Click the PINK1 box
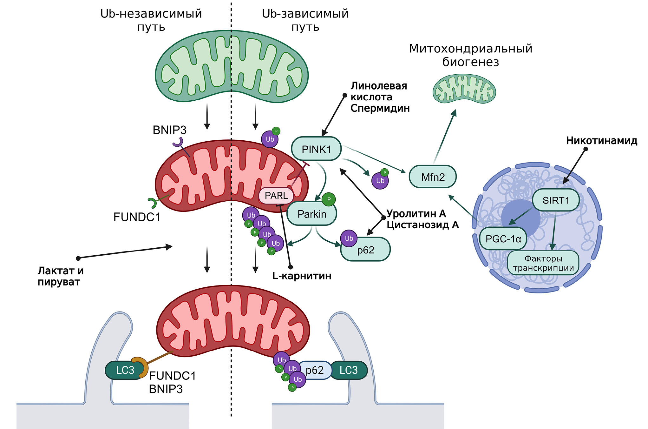tap(316, 149)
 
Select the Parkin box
tap(312, 214)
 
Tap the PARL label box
tap(276, 196)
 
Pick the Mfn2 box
tap(433, 177)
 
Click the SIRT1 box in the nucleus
tap(556, 200)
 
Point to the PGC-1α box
tap(503, 239)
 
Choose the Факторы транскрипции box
tap(543, 263)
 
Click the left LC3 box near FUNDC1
tap(125, 370)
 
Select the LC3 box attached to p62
tap(349, 370)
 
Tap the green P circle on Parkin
tap(329, 199)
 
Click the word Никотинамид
tap(602, 141)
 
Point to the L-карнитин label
tap(302, 276)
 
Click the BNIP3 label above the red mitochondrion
tap(169, 130)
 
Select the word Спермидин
tap(380, 108)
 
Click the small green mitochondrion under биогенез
tap(464, 89)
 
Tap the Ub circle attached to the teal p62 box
tap(349, 238)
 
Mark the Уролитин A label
tap(416, 214)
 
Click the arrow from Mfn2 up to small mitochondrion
tap(445, 137)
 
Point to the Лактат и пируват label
tap(60, 276)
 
